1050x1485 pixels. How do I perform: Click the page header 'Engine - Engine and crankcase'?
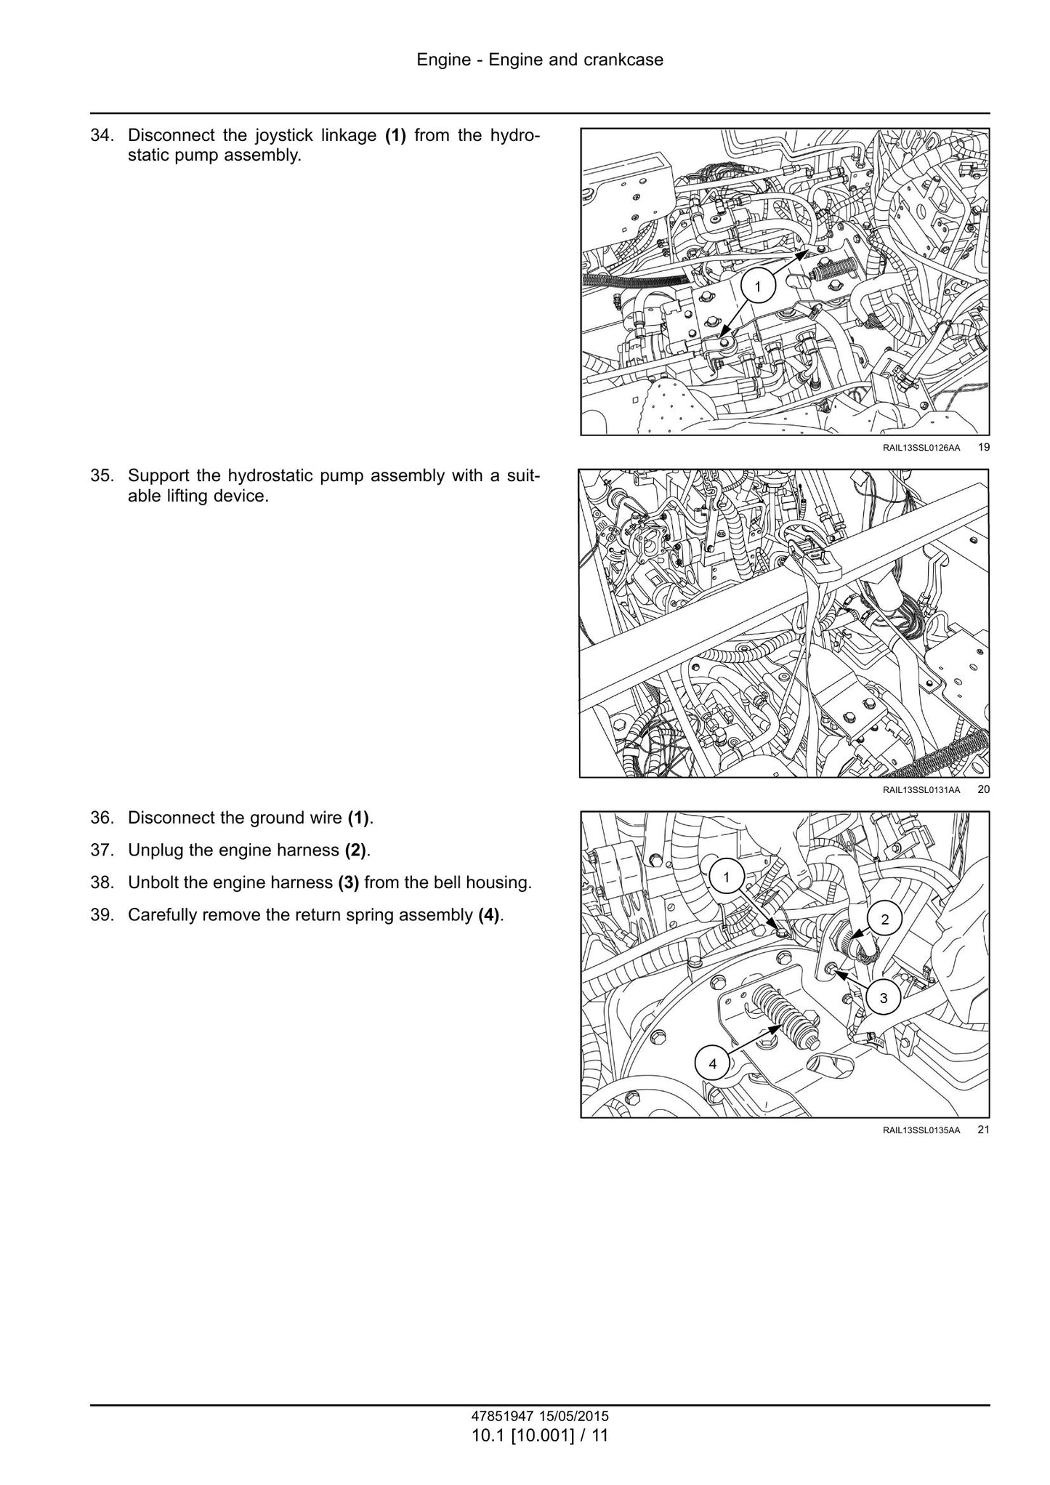click(x=540, y=60)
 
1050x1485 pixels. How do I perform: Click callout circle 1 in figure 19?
click(x=758, y=287)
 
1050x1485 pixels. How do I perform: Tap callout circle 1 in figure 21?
click(x=726, y=877)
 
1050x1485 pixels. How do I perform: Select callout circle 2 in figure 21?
click(x=884, y=919)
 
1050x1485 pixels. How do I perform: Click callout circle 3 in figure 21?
click(x=884, y=998)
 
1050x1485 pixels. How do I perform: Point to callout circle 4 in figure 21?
click(x=712, y=1064)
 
